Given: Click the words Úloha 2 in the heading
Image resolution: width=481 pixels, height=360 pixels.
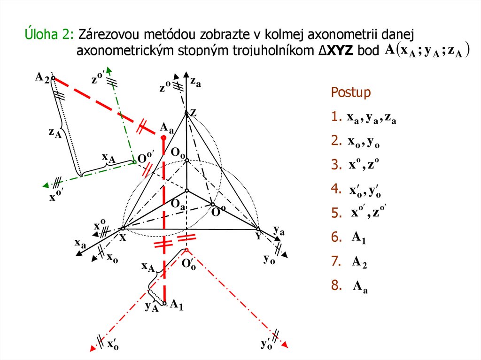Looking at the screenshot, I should (x=49, y=35).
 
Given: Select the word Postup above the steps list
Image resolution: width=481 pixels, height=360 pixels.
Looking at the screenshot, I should (x=351, y=92).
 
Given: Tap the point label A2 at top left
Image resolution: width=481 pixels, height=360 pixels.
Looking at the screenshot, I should (x=42, y=77).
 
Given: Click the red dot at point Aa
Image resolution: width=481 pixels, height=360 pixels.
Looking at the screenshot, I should (x=163, y=138).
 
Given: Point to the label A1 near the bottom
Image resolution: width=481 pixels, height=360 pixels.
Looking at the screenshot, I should (x=177, y=305).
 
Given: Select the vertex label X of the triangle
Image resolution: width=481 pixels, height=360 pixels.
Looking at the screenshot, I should (x=123, y=237).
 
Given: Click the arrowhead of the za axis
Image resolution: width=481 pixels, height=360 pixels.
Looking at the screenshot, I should (x=186, y=75).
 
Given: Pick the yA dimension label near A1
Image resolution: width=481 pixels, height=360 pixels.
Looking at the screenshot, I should (x=151, y=307).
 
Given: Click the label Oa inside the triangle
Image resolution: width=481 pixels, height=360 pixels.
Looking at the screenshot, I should (x=178, y=204).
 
